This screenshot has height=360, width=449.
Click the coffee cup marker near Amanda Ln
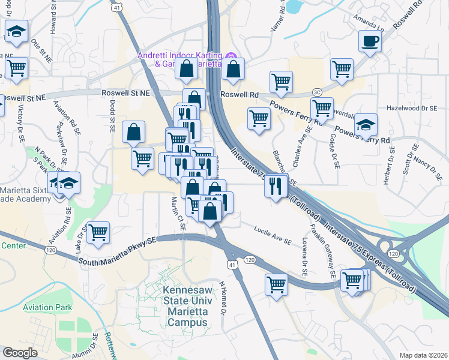click(370, 41)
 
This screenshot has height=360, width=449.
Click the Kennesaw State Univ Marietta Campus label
click(185, 306)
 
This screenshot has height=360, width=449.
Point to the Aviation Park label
click(47, 308)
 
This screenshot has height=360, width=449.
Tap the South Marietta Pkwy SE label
click(118, 250)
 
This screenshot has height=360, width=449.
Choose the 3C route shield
click(317, 92)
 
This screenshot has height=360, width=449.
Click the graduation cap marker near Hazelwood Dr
click(365, 124)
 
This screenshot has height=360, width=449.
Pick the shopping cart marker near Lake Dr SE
click(98, 232)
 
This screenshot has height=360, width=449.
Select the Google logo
click(20, 352)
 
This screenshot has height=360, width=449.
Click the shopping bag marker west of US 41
click(133, 132)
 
